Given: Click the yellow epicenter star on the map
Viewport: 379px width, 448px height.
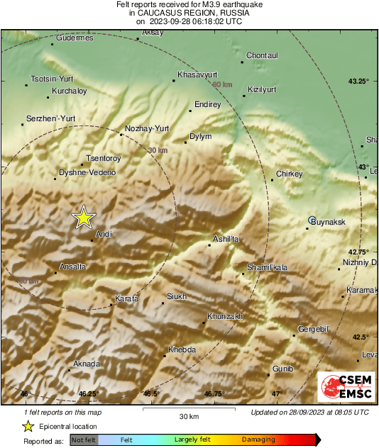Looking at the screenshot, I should [84, 218].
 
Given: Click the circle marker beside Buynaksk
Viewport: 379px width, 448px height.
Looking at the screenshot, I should [312, 220].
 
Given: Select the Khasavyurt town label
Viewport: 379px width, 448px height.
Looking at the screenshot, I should [197, 74].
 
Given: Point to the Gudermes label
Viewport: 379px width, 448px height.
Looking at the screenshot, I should [75, 38].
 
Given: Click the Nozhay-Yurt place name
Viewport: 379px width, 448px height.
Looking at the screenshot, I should [147, 128].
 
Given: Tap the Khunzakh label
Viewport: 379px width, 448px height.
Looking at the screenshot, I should [225, 316].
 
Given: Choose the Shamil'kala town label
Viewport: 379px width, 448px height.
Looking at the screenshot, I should [267, 267].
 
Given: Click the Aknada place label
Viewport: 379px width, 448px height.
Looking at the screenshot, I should [87, 364].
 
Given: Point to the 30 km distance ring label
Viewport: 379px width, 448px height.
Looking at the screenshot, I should [158, 150].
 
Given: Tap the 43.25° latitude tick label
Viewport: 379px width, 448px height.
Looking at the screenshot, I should [358, 82].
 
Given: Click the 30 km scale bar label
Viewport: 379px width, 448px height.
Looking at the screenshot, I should [189, 416].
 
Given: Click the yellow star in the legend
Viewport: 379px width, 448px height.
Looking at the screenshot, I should [28, 426].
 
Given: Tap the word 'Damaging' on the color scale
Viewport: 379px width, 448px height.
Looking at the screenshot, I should [258, 440].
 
